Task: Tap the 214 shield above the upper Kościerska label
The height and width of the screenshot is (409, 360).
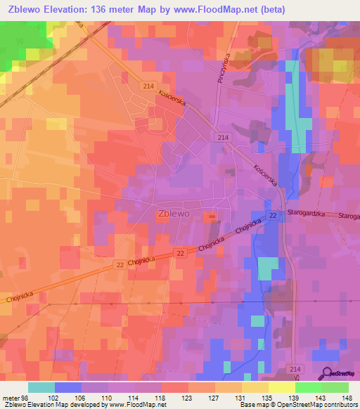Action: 148,86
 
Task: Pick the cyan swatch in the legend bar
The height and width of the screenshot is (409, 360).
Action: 41,387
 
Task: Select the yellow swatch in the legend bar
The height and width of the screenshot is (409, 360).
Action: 281,387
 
